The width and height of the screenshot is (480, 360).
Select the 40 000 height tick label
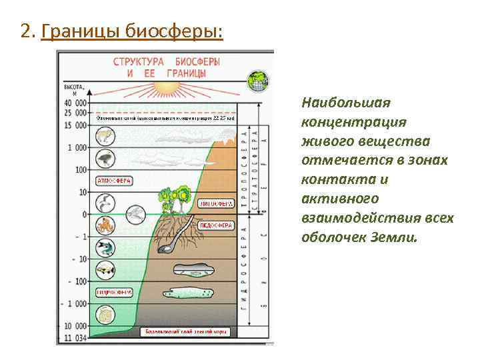point(75,103)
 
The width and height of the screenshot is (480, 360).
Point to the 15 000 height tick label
point(75,125)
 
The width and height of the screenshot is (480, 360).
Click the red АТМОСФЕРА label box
point(115,181)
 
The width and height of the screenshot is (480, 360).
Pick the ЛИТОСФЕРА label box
point(216,203)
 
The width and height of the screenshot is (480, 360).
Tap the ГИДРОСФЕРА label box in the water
point(115,292)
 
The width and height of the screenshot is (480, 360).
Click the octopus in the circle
point(105,225)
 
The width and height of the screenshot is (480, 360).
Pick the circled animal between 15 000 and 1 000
point(105,137)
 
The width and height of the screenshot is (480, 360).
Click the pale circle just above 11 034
point(105,314)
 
